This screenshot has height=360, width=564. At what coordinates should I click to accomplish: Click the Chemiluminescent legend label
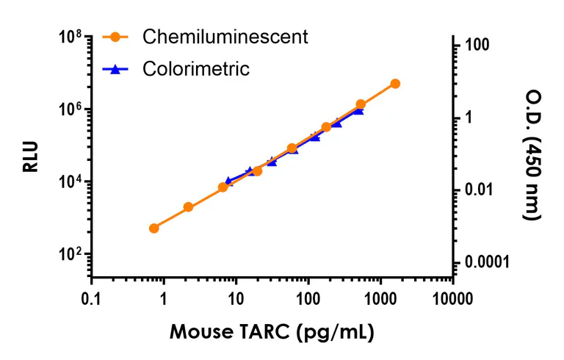(x=225, y=36)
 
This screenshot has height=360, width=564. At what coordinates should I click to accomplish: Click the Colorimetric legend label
(x=196, y=69)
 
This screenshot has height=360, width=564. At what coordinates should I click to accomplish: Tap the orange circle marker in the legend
(x=115, y=36)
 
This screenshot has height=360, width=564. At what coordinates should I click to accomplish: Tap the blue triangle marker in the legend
(x=115, y=69)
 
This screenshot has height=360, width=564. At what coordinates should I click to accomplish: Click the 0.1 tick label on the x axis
(x=91, y=299)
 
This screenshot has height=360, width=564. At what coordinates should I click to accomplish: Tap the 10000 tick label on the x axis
(x=452, y=299)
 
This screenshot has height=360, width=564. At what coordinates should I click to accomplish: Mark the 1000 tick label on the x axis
(x=380, y=299)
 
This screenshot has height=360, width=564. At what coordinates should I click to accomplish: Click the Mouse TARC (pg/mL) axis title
(x=272, y=331)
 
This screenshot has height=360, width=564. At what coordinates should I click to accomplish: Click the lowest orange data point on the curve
(x=153, y=228)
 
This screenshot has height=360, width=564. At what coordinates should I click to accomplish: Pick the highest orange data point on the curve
(x=395, y=84)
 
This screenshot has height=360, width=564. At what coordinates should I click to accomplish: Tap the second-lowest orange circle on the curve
(x=188, y=207)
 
